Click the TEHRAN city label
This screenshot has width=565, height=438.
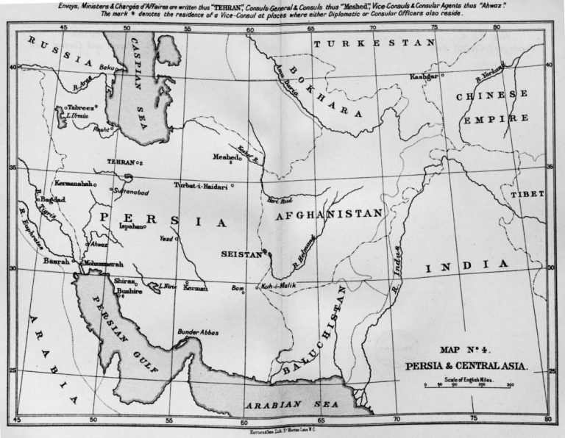click(x=121, y=162)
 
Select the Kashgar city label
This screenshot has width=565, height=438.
click(x=424, y=76)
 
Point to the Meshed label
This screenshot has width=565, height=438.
click(x=225, y=157)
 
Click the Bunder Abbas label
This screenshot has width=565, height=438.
click(x=198, y=333)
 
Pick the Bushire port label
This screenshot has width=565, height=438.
click(x=128, y=291)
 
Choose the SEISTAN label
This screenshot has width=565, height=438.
click(x=241, y=254)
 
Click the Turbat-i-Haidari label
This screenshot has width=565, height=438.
click(x=201, y=185)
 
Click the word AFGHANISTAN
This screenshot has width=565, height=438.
click(x=329, y=215)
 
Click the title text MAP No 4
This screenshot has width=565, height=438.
click(x=466, y=350)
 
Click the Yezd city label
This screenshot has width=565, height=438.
click(x=166, y=239)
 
